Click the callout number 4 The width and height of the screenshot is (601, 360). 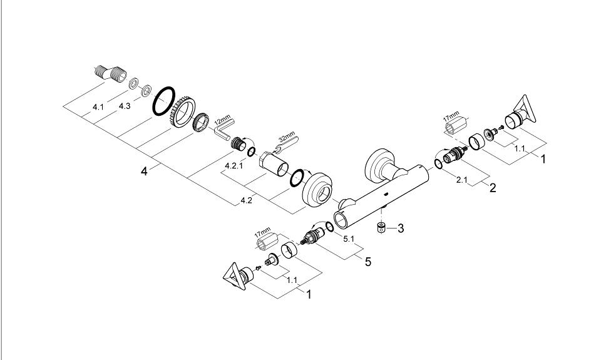144,171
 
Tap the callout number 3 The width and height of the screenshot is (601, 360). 401,229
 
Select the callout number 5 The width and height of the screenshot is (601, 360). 368,262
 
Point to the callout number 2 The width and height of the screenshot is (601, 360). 493,188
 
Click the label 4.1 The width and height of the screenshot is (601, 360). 98,107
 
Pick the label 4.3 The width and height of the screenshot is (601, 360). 125,106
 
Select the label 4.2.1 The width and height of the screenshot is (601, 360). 234,166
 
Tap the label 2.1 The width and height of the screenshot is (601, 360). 462,180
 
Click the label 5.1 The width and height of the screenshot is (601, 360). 349,239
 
